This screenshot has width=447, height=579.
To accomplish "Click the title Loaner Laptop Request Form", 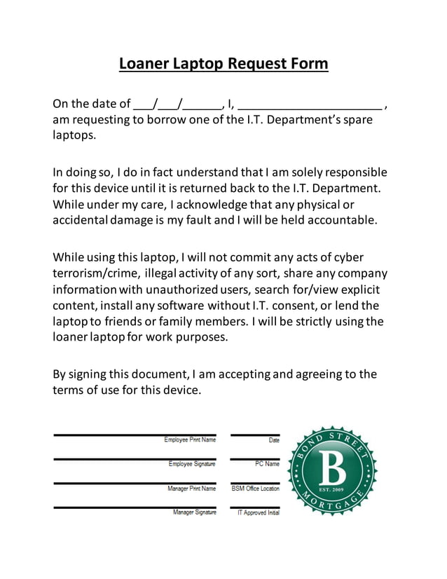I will click(223, 64).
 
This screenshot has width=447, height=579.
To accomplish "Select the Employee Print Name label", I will click(190, 440).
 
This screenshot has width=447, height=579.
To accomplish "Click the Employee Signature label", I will click(192, 464).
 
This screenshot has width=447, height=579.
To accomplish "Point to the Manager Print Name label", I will click(191, 489).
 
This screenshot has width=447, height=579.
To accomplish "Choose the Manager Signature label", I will click(194, 512).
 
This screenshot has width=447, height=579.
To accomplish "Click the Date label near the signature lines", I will click(273, 440).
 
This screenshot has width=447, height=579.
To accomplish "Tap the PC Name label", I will click(267, 464).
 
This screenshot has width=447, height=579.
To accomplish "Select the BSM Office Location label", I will click(255, 489).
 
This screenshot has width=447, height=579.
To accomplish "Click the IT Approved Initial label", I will click(259, 513).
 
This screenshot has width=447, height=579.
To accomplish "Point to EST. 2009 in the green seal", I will click(332, 489).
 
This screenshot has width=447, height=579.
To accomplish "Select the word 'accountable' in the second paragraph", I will click(341, 220).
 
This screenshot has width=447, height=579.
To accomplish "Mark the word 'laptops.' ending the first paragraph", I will click(74, 135).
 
